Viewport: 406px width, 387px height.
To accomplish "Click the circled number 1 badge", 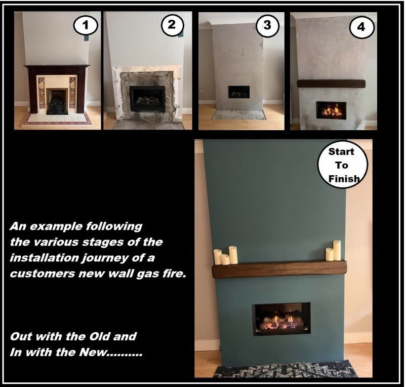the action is point(86,26).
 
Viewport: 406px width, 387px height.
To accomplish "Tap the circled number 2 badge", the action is point(172,25).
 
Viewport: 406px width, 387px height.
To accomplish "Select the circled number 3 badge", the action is point(267,25).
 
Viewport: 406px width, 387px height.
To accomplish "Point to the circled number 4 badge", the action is point(361,27).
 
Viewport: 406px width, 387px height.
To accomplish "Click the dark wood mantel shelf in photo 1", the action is point(57,66).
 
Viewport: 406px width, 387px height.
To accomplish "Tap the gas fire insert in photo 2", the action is point(147,99).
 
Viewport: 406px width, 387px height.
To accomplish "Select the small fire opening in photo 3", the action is point(239,92).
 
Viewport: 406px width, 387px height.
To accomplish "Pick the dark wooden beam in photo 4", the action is point(331,84).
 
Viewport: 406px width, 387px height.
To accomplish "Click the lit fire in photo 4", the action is point(331,110).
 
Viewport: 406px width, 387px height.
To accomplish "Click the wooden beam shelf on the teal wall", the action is point(279,269).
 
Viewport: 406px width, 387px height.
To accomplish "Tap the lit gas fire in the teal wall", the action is point(281,319).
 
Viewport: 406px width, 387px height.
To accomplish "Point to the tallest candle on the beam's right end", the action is point(337,250).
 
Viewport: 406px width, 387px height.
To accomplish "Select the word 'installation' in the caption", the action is point(44,258).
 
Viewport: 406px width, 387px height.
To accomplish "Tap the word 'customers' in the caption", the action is point(42,274).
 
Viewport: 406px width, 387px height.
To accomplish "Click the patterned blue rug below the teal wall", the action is point(286,369).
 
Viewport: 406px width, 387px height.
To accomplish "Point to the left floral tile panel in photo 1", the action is point(42,93).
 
